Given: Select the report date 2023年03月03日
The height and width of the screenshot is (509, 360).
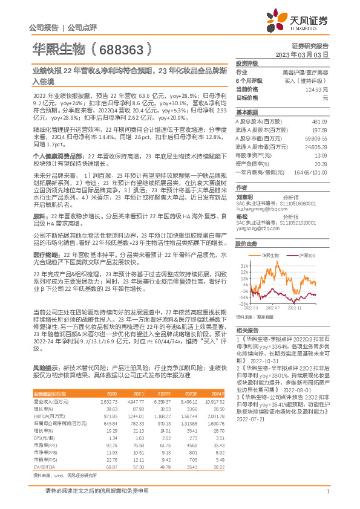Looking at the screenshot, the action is coord(304,54).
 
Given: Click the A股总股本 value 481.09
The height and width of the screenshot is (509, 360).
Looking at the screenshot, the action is coord(319,122).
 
